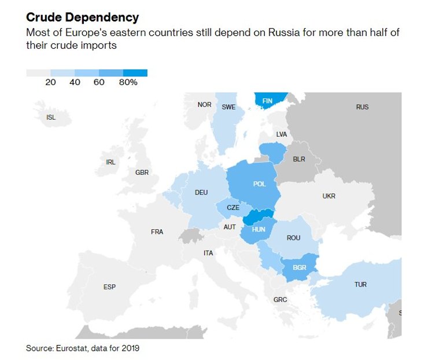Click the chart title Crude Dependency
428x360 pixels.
point(82,18)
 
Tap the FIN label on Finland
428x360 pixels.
point(267,101)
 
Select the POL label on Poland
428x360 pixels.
point(259,184)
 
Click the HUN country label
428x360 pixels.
point(259,229)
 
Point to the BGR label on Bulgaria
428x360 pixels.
point(300,268)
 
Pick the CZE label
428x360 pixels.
point(233,208)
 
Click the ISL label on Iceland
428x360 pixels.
point(51,117)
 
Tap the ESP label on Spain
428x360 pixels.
point(109,287)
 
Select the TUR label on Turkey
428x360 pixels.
point(360,285)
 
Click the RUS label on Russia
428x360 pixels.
point(362,107)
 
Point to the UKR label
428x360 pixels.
point(329,196)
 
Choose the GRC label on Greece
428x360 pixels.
point(280,300)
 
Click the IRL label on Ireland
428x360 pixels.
point(110,163)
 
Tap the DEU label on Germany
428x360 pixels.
point(201,193)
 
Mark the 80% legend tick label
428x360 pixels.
point(128,83)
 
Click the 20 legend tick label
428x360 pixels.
point(50,83)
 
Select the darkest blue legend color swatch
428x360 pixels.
point(135,73)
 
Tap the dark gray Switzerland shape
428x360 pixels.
point(189,236)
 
